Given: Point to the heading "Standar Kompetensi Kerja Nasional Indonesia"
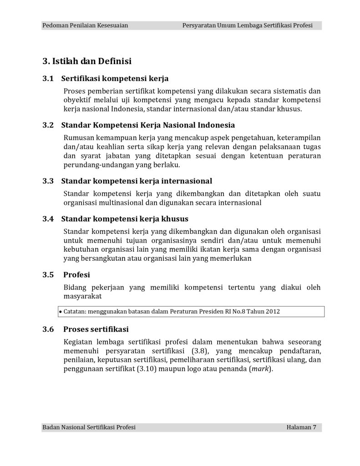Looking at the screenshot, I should (x=148, y=125).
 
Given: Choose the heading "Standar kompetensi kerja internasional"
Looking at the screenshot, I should (x=137, y=181).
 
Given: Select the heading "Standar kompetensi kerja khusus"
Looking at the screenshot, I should (x=125, y=218).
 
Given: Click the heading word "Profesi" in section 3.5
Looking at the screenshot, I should (x=76, y=274).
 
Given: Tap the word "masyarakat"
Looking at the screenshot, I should (x=82, y=296).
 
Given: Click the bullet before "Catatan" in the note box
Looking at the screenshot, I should (x=61, y=312).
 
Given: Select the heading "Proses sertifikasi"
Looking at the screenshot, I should (x=96, y=329).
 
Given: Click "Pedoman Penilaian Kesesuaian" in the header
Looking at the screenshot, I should (x=85, y=25).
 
